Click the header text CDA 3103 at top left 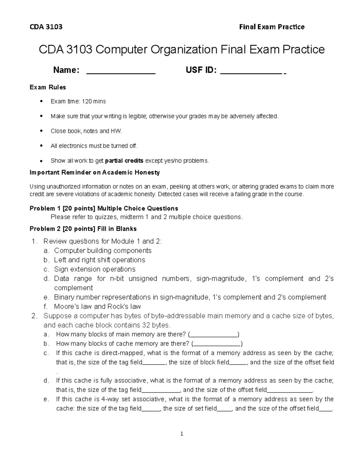46,27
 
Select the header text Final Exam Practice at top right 271,27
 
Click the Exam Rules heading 48,87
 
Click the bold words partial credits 124,161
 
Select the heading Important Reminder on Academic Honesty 94,173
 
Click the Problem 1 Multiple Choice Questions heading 104,208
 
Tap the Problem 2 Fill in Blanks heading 83,229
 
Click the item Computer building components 103,251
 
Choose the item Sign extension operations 94,269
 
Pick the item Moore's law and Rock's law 97,306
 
